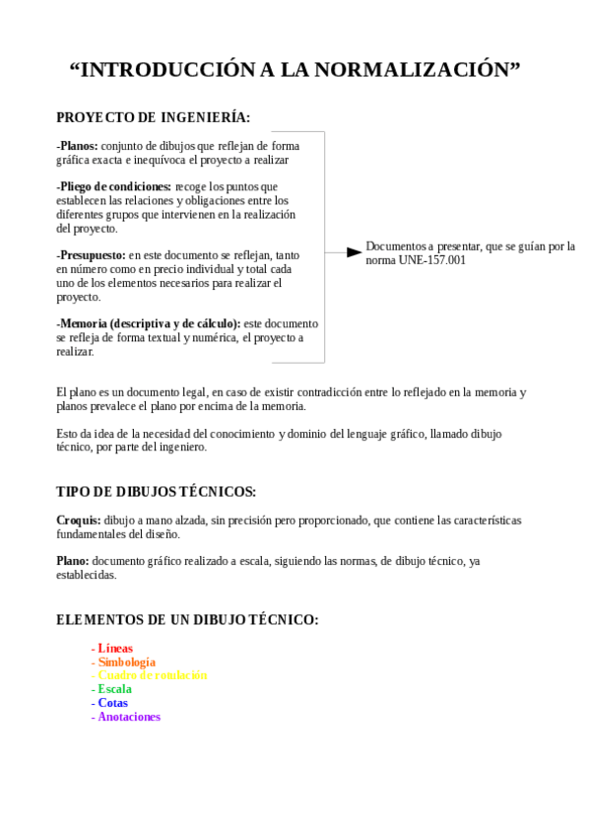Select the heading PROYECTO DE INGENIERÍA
click(x=153, y=118)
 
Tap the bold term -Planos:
click(x=78, y=146)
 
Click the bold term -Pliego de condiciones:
click(x=113, y=186)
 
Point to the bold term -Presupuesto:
click(x=92, y=254)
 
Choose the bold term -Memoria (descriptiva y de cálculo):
click(x=148, y=323)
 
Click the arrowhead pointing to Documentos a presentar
click(x=354, y=252)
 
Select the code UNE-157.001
click(x=432, y=260)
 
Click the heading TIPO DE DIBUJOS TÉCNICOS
click(x=156, y=492)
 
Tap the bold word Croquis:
click(x=79, y=520)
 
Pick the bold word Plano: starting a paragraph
click(x=73, y=561)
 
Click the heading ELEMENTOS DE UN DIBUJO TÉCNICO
click(x=187, y=620)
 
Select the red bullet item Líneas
click(x=115, y=649)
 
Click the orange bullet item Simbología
click(x=126, y=662)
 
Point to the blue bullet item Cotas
click(x=112, y=704)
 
